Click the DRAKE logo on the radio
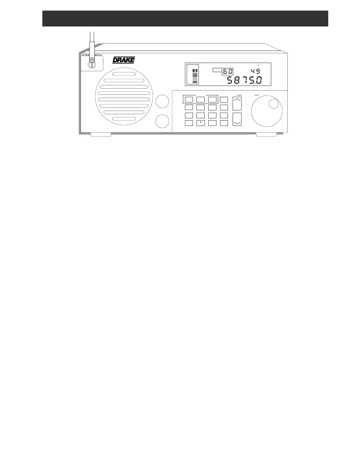(x=124, y=60)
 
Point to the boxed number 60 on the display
(x=227, y=71)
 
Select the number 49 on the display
(x=255, y=71)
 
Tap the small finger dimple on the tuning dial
(x=274, y=104)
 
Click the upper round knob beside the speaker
(x=162, y=101)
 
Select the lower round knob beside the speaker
(x=162, y=122)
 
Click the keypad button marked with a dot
(x=200, y=123)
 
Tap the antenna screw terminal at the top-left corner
(x=92, y=65)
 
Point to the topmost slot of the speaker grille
(x=124, y=74)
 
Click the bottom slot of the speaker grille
(x=124, y=119)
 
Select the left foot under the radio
(x=101, y=134)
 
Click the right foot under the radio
(x=266, y=134)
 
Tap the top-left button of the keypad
(x=189, y=99)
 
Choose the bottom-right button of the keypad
(x=224, y=123)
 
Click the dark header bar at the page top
(x=185, y=19)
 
